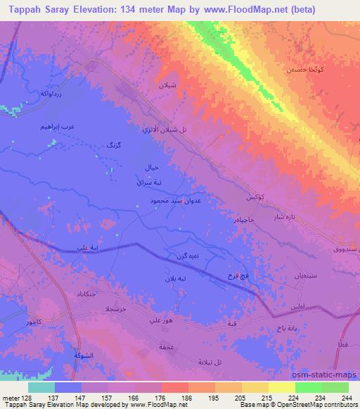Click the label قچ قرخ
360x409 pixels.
click(240, 275)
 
